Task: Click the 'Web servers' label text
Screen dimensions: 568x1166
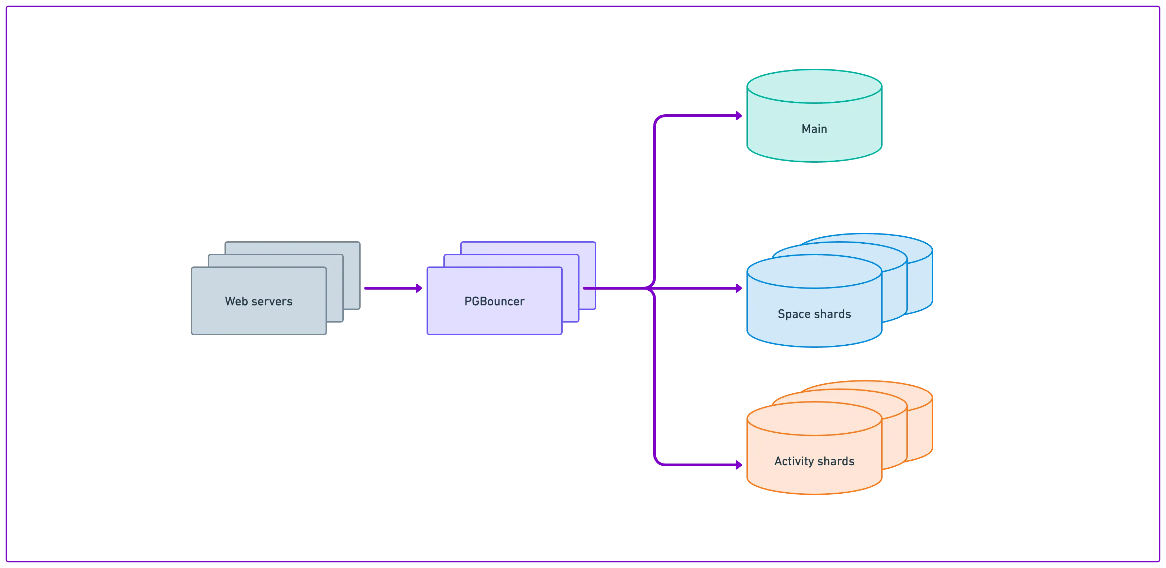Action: tap(259, 302)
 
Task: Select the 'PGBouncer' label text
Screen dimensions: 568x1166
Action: tap(494, 302)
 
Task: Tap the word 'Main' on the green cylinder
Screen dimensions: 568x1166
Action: tap(814, 129)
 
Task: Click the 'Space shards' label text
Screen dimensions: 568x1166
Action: tap(814, 314)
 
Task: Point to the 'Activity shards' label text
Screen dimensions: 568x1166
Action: tap(814, 461)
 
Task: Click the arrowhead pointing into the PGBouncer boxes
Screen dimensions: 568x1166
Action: tap(419, 288)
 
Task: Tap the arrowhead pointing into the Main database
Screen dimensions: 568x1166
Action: tap(739, 115)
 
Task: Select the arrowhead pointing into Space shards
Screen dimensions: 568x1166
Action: tap(739, 288)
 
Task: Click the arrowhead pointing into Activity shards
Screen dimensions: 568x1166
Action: tap(739, 465)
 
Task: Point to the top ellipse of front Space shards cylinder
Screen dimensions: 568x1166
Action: tap(814, 272)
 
